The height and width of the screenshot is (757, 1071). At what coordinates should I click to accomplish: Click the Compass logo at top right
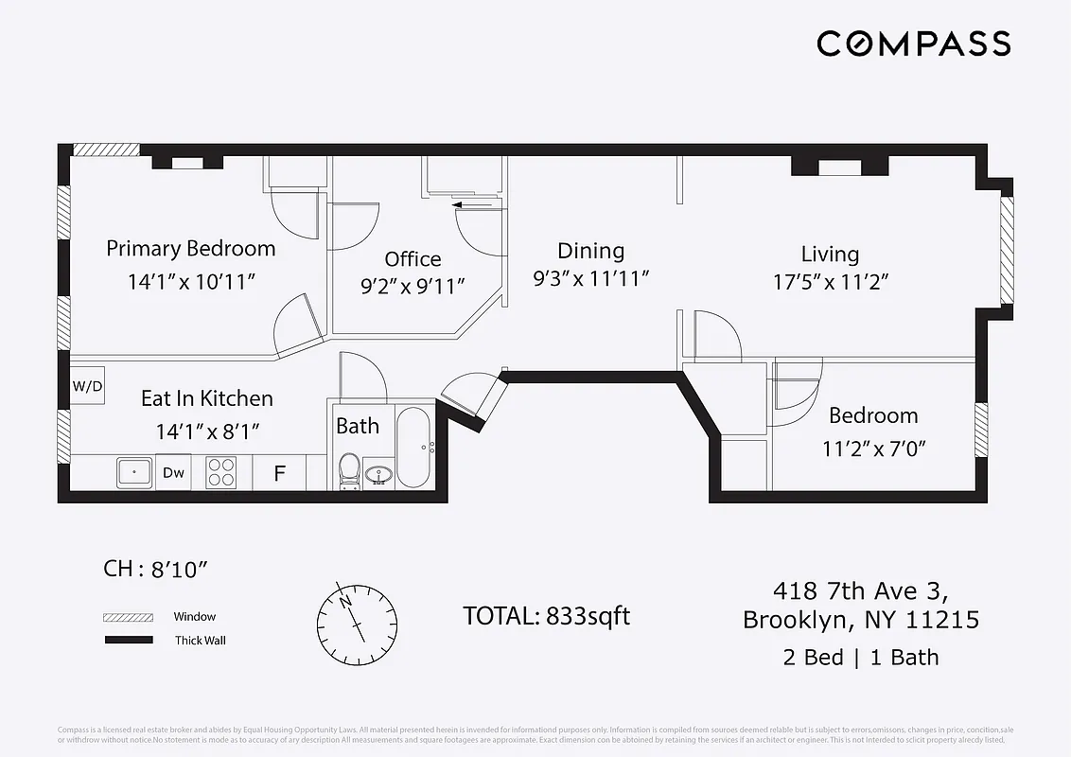point(913,44)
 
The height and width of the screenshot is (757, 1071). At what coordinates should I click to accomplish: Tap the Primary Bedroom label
point(191,249)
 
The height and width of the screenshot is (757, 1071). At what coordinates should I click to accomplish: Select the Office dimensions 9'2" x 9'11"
point(413,286)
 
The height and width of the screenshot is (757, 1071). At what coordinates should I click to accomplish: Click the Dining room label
point(590,251)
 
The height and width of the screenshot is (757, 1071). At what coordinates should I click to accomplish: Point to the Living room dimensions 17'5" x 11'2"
point(830,281)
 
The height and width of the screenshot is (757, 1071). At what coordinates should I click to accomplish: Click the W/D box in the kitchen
point(87,386)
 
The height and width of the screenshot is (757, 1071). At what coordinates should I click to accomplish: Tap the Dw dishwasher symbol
point(173,472)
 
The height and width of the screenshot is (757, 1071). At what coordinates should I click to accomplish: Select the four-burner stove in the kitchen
point(221,472)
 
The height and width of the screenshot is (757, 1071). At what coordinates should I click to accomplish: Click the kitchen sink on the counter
point(135,471)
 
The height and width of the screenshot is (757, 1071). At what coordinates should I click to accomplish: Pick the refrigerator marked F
point(279,473)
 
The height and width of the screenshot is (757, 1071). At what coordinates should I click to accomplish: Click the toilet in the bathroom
point(349,470)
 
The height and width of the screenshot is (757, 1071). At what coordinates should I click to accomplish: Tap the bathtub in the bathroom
point(413,447)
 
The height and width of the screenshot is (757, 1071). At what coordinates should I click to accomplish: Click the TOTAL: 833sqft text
point(546,616)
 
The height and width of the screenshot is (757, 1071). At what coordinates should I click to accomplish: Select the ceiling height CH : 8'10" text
point(155,569)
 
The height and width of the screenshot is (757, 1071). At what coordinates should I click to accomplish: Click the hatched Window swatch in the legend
point(128,617)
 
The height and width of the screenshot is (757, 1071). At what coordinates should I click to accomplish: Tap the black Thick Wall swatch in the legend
point(128,641)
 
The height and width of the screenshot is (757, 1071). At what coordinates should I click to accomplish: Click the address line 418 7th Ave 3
point(860,591)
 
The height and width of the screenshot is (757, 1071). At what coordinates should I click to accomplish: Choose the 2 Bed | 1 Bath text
point(860,657)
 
